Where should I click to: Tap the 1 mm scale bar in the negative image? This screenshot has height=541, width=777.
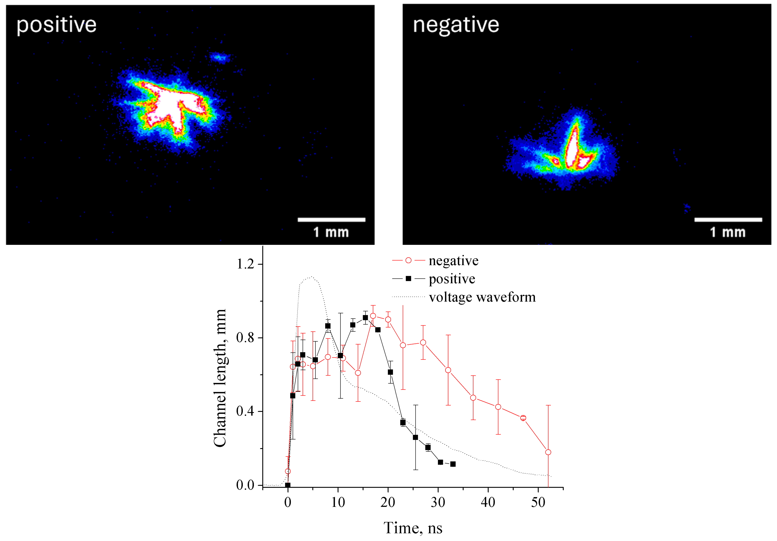point(728,220)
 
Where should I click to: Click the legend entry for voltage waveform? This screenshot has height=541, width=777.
point(482,297)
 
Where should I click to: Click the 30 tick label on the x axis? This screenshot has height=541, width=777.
point(438,503)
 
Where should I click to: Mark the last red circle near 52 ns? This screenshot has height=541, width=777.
point(548,452)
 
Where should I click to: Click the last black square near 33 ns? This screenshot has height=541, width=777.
point(453,464)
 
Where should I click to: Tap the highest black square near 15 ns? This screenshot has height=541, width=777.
point(365,318)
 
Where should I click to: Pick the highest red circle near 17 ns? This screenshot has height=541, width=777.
point(373,316)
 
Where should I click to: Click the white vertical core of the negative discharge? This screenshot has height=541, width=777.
point(572,149)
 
